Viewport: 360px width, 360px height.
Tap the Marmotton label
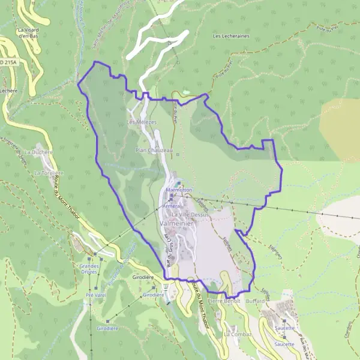(179, 190)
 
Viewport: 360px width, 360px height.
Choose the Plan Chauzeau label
(154, 150)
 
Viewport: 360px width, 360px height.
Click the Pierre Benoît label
(224, 300)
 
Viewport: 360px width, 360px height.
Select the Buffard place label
(255, 301)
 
